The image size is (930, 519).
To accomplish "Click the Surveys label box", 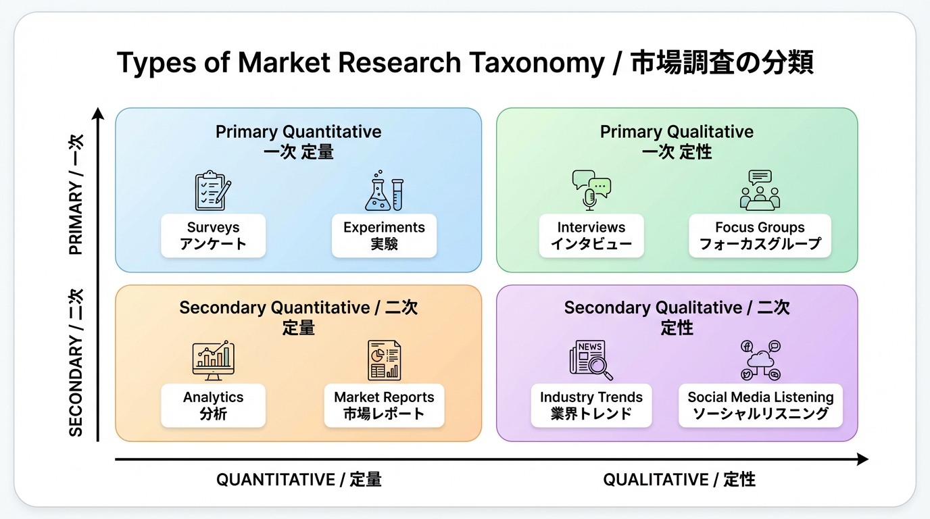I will pos(213,236).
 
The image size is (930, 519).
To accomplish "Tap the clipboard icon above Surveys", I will pos(213,191).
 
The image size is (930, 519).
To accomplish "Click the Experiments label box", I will pos(384,236).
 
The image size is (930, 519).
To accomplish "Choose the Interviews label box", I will pos(591,236).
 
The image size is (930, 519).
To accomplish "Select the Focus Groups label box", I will pos(760,236).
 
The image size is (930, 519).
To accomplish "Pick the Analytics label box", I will pos(213,405).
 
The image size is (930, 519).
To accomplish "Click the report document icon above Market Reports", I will pos(384,360).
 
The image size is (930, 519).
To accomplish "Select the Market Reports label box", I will pos(384,405).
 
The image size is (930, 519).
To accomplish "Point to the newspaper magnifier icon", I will pos(591,360).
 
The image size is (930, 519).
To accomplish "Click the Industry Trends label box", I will pos(591,405).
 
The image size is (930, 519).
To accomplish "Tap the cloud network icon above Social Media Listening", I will pos(760,360).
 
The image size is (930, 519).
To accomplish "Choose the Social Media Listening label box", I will pos(760,405).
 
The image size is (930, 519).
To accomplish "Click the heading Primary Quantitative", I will pos(298,132).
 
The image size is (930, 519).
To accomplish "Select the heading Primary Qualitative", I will pos(677,132).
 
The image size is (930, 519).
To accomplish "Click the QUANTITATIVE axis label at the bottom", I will pos(299,480).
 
